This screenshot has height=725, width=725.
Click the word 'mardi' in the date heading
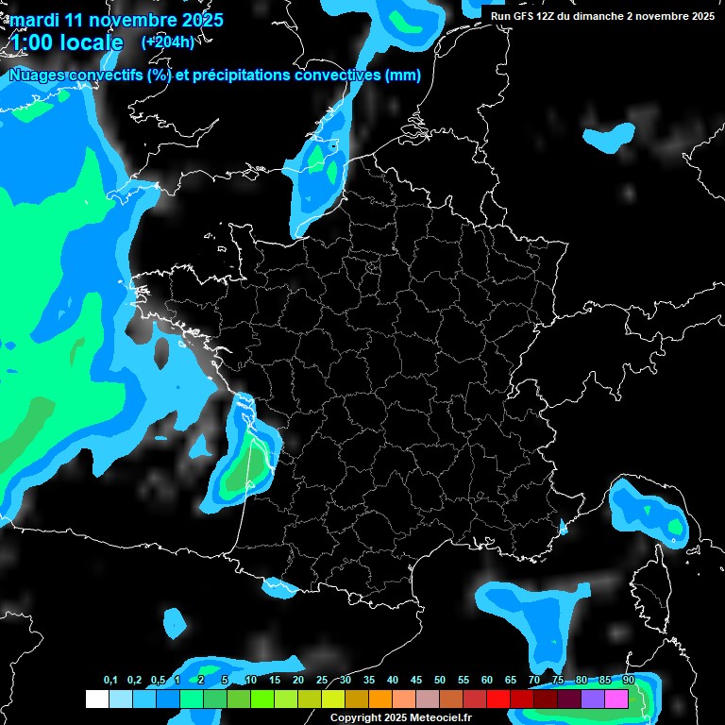(34, 20)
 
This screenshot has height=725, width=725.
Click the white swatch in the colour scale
(96, 700)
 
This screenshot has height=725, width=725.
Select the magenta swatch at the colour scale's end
(616, 700)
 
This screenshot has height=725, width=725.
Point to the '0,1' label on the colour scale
(110, 681)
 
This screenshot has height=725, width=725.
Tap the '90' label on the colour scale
(628, 681)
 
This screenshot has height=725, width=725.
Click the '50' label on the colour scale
(440, 681)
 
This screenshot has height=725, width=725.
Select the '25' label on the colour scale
(321, 681)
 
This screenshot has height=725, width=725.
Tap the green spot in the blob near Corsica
(674, 524)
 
